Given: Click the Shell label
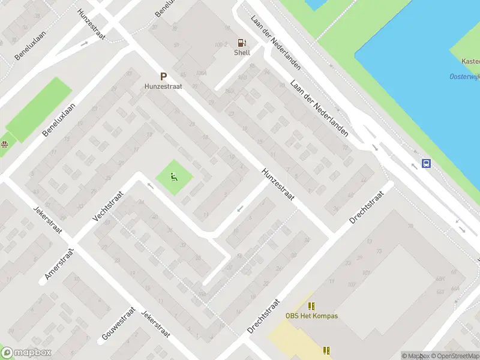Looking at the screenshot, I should [x=242, y=52].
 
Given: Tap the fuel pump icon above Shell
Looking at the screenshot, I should [x=242, y=43].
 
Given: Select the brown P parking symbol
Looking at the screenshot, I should [x=163, y=77].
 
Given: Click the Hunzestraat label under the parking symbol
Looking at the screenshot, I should [x=163, y=86].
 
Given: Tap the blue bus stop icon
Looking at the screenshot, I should [x=426, y=163].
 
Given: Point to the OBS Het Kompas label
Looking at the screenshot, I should [x=311, y=316].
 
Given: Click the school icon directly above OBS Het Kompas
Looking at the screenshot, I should [x=311, y=306].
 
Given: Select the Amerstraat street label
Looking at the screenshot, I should [x=59, y=265].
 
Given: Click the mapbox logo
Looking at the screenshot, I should [x=26, y=353].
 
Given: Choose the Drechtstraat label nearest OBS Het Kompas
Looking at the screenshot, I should [x=264, y=316].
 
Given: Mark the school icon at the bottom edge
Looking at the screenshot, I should [x=326, y=350].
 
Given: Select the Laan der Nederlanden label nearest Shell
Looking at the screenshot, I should [x=276, y=42].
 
